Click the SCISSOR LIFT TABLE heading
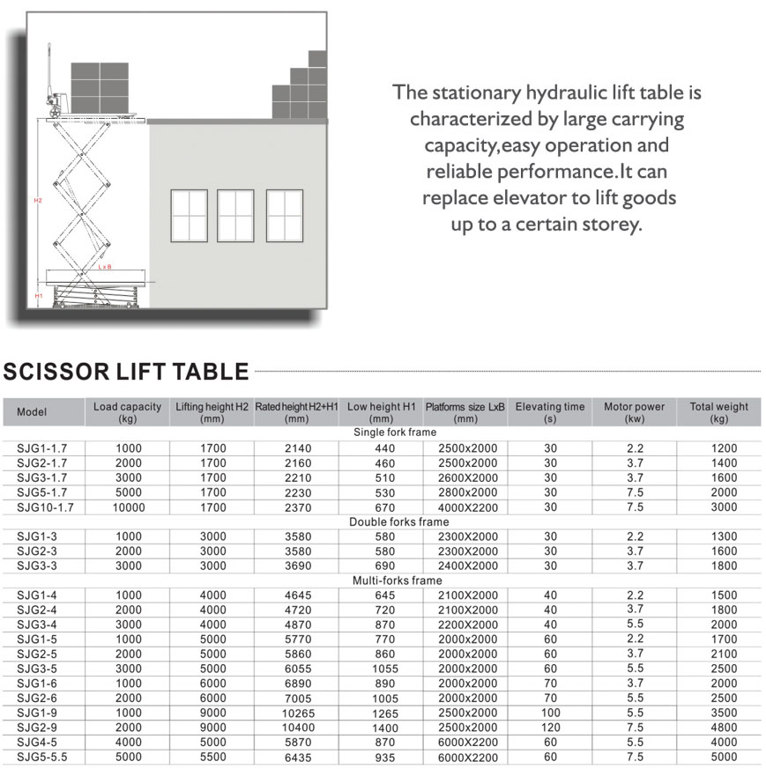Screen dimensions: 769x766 (126, 372)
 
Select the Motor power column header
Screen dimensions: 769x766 (634, 412)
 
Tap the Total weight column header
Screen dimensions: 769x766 (718, 412)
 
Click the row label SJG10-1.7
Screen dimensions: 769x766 (45, 507)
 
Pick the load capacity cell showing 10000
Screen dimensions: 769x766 (128, 507)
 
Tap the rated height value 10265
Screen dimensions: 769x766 (298, 713)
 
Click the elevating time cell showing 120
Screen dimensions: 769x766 (550, 728)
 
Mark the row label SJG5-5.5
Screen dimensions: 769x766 (42, 757)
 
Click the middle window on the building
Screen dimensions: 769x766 (235, 216)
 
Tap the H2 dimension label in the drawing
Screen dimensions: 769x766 (38, 201)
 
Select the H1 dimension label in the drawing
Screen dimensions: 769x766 (39, 296)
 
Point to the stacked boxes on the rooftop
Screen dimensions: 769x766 (301, 88)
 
